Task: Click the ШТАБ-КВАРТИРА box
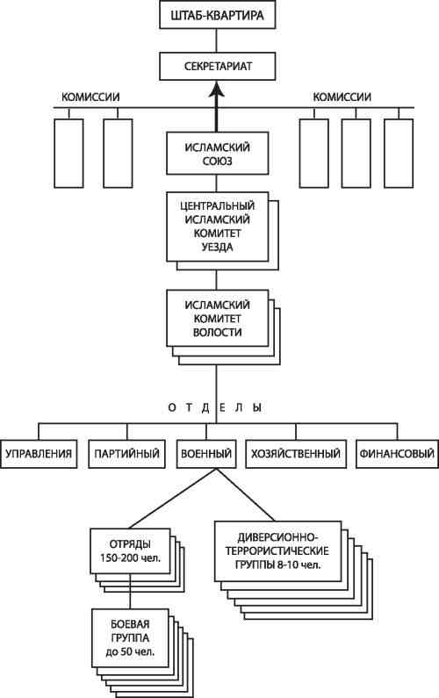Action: coord(217,16)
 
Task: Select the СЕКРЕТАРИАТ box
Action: coord(217,67)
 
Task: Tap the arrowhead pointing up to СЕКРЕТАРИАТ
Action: coord(217,89)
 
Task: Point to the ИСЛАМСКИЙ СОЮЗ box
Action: coord(217,153)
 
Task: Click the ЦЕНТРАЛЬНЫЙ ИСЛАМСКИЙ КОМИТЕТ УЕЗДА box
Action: coord(217,227)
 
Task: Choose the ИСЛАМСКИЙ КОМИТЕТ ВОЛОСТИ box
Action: coord(217,318)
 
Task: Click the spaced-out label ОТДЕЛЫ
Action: coord(215,407)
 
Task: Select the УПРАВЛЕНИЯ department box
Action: coord(39,454)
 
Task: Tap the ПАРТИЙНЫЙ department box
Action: coord(127,454)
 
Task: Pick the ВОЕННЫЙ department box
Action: coord(206,454)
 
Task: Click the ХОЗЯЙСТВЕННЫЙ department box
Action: coord(296,454)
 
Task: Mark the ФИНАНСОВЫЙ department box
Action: coord(397,454)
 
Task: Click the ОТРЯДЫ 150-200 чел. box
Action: coord(130,550)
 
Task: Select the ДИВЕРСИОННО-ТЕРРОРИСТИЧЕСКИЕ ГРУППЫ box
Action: coord(277,551)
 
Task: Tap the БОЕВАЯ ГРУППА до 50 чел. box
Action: coord(130,638)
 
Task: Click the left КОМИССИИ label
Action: coord(90,97)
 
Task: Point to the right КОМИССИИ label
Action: coord(342,97)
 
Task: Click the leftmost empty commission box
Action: coord(68,153)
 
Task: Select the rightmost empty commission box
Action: coord(399,153)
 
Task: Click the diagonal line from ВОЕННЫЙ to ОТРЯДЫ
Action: coord(169,499)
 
